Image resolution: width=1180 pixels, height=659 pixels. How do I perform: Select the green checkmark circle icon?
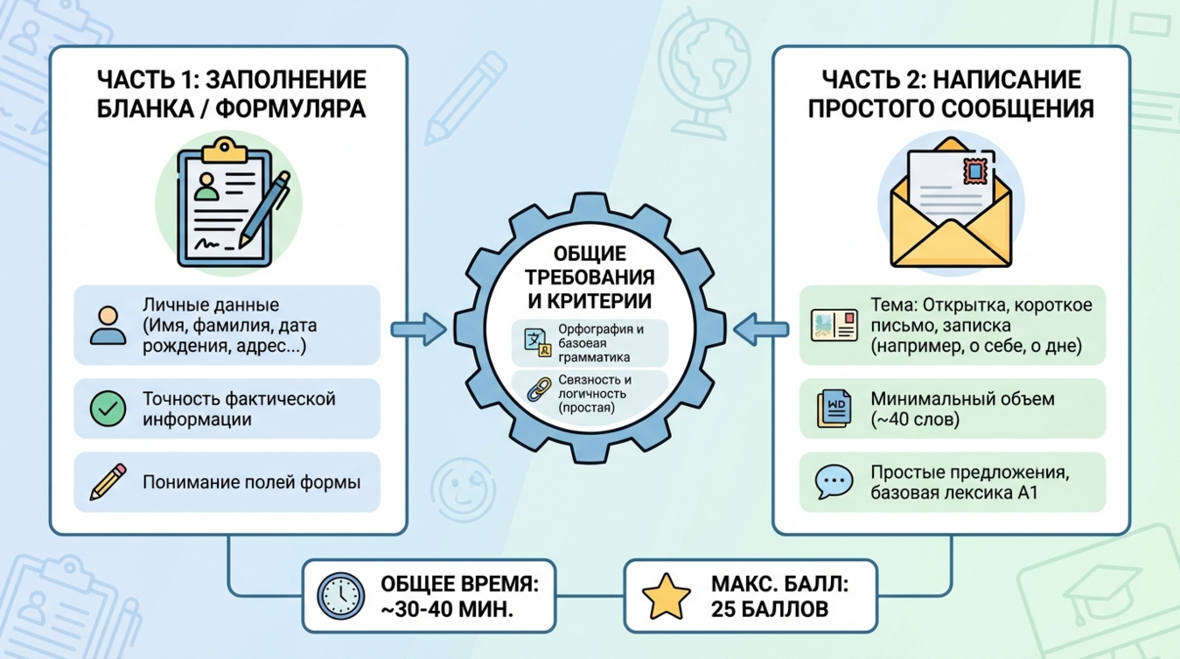[x=108, y=409]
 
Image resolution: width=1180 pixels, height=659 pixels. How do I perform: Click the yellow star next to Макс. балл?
[x=667, y=597]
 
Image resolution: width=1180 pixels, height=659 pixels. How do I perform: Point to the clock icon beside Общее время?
[x=340, y=597]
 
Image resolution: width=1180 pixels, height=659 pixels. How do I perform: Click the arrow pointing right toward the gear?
[x=418, y=330]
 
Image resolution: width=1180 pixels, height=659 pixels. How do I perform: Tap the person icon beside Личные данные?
[x=108, y=326]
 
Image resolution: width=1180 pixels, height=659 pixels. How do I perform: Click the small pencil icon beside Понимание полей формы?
[x=108, y=482]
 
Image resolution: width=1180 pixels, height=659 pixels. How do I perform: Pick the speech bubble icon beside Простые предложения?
[x=833, y=482]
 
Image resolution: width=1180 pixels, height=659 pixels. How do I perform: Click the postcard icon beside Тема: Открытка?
[x=833, y=325]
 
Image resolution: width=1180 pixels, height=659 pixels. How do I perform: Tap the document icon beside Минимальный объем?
[x=833, y=409]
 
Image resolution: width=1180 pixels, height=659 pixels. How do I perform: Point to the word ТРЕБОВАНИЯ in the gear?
[x=591, y=278]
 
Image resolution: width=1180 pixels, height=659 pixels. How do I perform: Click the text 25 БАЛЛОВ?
[x=770, y=609]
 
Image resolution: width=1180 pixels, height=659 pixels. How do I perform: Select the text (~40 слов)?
[x=915, y=419]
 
